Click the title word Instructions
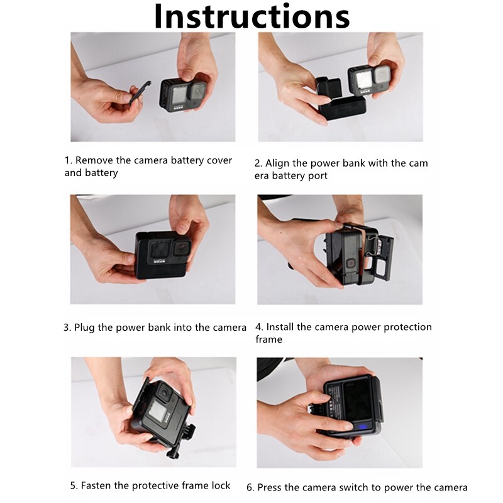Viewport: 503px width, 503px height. [252, 17]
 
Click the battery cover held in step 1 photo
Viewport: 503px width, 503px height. [140, 92]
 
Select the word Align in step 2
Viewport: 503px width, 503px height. [277, 163]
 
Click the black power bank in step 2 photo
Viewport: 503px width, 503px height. [342, 108]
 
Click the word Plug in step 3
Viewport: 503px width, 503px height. [84, 328]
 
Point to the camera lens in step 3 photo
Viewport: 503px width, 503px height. [182, 247]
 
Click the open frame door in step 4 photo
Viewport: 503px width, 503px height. [383, 259]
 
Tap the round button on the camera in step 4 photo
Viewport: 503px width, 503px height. [351, 263]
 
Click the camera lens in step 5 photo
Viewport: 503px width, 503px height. [165, 392]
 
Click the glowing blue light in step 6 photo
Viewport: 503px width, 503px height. [362, 427]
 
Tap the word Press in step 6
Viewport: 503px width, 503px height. [269, 488]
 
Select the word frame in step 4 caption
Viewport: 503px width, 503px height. [269, 340]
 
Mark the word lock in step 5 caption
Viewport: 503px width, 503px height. [221, 485]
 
